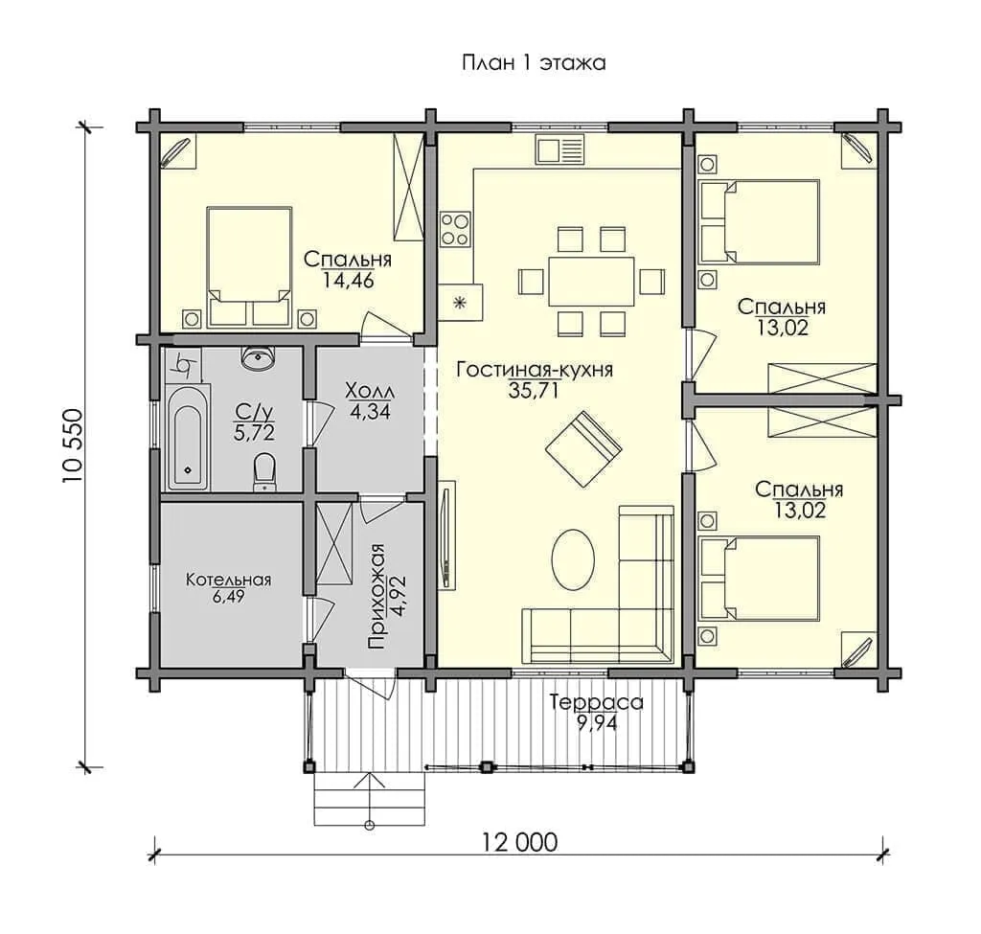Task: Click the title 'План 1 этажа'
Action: (x=534, y=63)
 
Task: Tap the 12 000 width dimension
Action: (x=519, y=843)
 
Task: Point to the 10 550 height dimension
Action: (x=72, y=444)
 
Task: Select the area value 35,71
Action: (x=533, y=391)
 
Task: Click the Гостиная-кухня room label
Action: (x=535, y=369)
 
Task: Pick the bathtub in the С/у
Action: (x=189, y=437)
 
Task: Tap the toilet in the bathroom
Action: (x=264, y=472)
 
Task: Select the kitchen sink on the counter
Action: (x=559, y=150)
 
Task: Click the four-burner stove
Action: (x=455, y=229)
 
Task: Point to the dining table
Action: (x=591, y=281)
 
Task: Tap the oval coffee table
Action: (x=573, y=559)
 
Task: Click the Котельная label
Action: (x=228, y=580)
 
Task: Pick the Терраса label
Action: (x=596, y=702)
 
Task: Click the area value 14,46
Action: (x=349, y=280)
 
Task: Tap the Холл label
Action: (x=371, y=392)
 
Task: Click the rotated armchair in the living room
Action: (x=583, y=448)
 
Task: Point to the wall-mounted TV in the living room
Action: (x=446, y=535)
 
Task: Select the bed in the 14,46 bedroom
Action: (x=250, y=266)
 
